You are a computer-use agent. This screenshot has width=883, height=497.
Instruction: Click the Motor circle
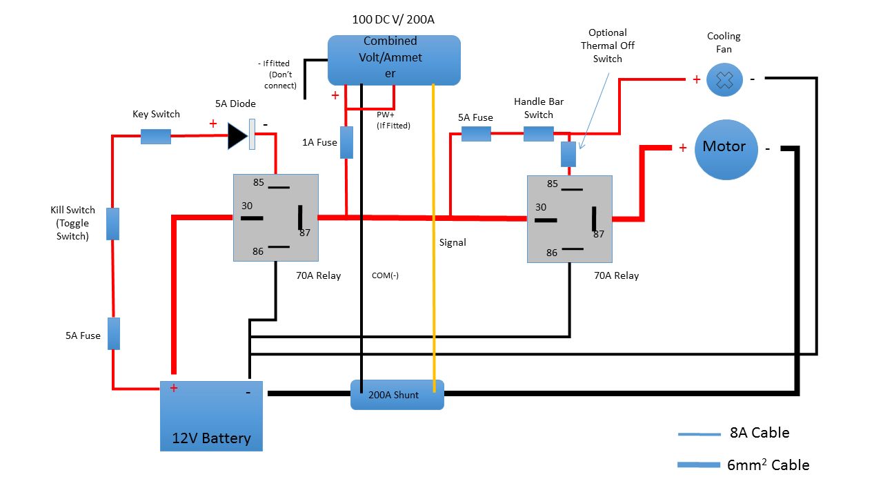coord(726,150)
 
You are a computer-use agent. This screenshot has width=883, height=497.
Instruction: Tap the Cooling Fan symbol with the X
coord(724,79)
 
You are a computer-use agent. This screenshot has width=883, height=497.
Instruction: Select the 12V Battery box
coord(211,416)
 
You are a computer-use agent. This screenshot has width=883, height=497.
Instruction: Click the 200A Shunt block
coord(397,395)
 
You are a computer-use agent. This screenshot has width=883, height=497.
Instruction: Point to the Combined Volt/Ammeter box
coord(394,60)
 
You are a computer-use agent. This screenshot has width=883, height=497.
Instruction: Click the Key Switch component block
coord(156,137)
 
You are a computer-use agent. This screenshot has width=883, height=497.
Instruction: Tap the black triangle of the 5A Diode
coord(238,136)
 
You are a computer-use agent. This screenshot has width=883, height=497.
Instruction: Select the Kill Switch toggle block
coord(112,224)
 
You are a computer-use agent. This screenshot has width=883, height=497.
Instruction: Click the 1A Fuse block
coord(346,142)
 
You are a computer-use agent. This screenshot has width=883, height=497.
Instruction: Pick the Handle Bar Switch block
coord(539,134)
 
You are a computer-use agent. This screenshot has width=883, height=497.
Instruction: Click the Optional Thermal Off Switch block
coord(568,154)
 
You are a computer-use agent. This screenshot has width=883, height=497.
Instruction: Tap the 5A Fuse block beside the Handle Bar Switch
coord(476,134)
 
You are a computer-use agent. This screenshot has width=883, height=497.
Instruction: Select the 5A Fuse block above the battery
coord(114,333)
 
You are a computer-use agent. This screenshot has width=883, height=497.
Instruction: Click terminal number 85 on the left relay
coord(259,182)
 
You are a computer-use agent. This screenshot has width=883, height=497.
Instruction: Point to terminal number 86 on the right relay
coord(552,253)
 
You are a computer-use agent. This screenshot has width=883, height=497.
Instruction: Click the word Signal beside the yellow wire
coord(453,242)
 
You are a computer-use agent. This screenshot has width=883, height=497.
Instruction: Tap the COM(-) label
coord(385,275)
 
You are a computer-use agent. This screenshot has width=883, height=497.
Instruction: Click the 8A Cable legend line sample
coord(700,434)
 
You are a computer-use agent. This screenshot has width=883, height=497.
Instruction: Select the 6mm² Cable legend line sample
coord(699,465)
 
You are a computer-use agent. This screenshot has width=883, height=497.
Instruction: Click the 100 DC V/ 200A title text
coord(393,19)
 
